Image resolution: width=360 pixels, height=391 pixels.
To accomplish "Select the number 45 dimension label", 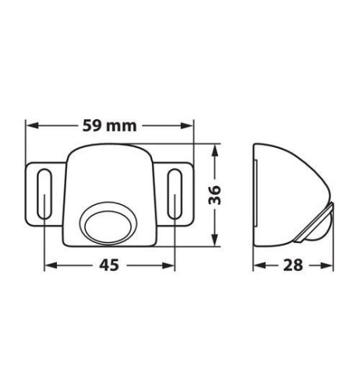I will [110, 266].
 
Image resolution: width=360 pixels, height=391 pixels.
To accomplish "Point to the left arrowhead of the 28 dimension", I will [259, 266].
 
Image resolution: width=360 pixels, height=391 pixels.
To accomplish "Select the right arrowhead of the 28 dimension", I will [330, 266].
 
